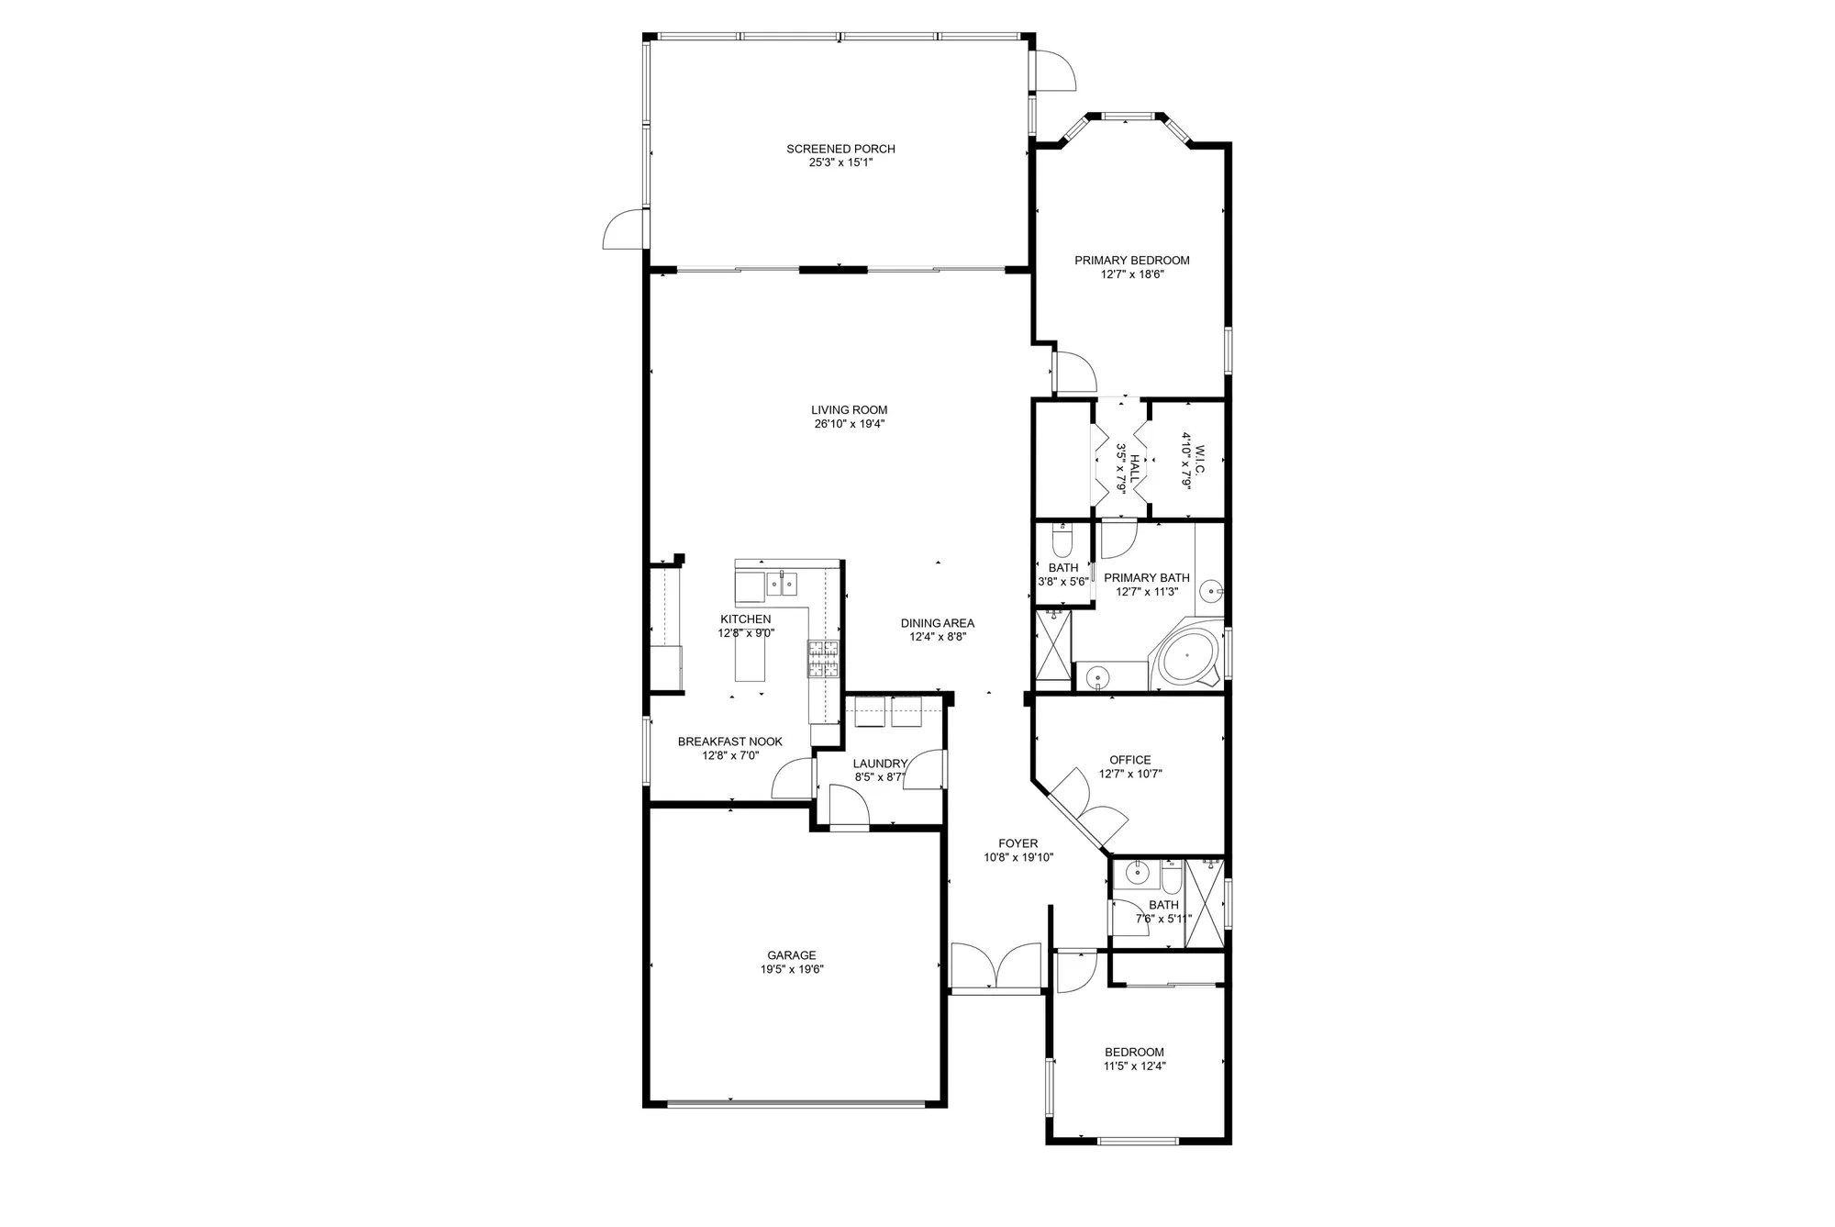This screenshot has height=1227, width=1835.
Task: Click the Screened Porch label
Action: tap(840, 149)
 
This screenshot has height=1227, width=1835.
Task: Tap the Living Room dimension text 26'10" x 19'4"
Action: tap(849, 424)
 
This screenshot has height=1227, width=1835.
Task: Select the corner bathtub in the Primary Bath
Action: tap(1186, 655)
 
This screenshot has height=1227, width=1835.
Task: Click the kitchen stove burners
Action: tap(823, 659)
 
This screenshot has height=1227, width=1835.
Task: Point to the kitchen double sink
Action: tap(783, 583)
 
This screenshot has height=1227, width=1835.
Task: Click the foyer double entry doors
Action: tap(995, 968)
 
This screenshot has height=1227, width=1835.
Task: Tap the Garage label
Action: tap(791, 955)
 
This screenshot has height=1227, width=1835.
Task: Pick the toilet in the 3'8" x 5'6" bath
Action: tap(1062, 544)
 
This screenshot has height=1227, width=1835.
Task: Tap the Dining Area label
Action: tap(937, 623)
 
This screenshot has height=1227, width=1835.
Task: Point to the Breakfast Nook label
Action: tap(729, 742)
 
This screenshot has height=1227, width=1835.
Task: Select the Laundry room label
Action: tap(879, 764)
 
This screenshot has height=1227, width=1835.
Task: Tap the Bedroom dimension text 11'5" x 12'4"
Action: tap(1134, 1066)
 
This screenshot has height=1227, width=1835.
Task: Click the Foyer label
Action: tap(1018, 843)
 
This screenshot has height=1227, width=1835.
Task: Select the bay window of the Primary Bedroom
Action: tap(1127, 117)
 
